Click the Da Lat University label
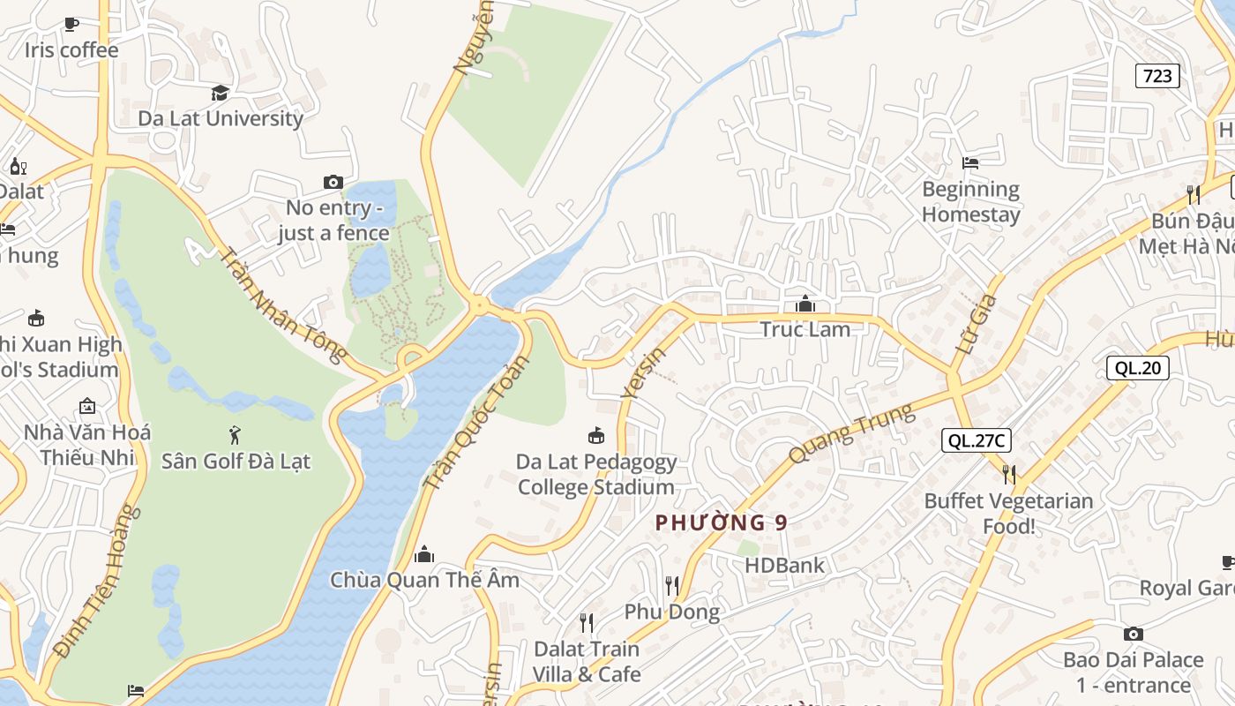click(221, 118)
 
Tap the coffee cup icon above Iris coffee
click(71, 24)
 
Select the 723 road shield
click(1157, 76)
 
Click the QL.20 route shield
click(1137, 368)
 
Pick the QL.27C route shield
click(976, 440)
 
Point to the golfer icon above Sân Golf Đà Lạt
click(235, 434)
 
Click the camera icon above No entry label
click(333, 183)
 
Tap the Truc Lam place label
click(805, 329)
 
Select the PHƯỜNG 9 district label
click(722, 522)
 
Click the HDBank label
click(784, 565)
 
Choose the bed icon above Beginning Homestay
click(970, 163)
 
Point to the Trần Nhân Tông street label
click(282, 304)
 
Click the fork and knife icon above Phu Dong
click(672, 585)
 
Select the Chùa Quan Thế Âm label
click(424, 580)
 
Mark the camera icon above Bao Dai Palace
click(1134, 634)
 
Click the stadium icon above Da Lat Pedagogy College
click(596, 435)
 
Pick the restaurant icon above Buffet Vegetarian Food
click(1008, 475)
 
